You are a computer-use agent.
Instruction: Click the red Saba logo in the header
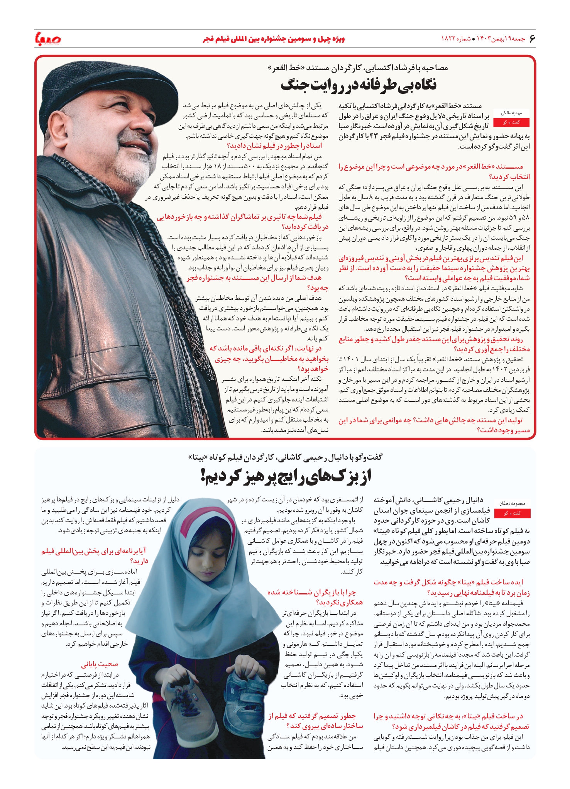[x=48, y=38]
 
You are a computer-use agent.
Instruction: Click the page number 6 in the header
[x=532, y=39]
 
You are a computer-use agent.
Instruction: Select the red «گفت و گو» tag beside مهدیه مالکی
[x=511, y=122]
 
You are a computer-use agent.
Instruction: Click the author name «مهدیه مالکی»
[x=511, y=113]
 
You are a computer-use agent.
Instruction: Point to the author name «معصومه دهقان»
[x=512, y=504]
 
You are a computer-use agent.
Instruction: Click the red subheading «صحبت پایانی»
[x=100, y=664]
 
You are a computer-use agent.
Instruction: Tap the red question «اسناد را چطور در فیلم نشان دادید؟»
[x=274, y=146]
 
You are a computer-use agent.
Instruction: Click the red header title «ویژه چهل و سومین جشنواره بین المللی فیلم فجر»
[x=274, y=39]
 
